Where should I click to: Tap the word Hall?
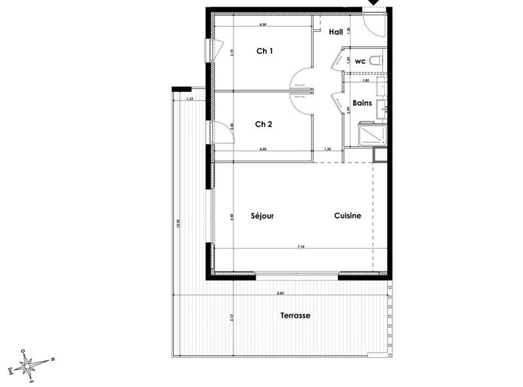click(x=336, y=31)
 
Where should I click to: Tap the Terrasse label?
click(x=295, y=315)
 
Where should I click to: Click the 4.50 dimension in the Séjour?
click(x=231, y=217)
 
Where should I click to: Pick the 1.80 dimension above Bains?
click(x=367, y=82)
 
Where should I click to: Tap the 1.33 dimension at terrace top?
click(x=190, y=99)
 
